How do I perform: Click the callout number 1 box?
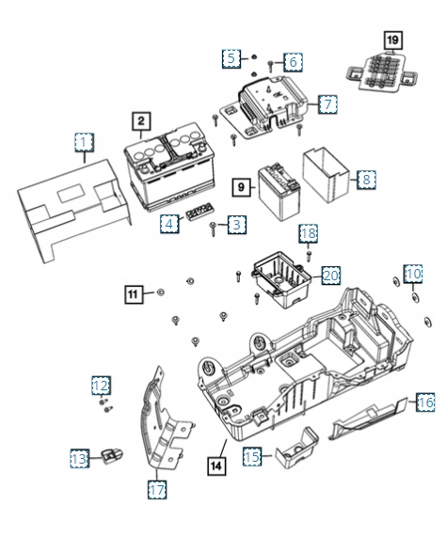pos(86,142)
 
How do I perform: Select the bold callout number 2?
pos(139,120)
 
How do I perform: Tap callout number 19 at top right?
pos(391,39)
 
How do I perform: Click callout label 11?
pos(135,294)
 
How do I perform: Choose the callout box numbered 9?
pos(240,187)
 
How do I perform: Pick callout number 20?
pos(329,275)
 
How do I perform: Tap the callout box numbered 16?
pos(425,402)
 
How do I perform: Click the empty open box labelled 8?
pos(326,174)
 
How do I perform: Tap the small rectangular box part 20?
pos(281,276)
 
